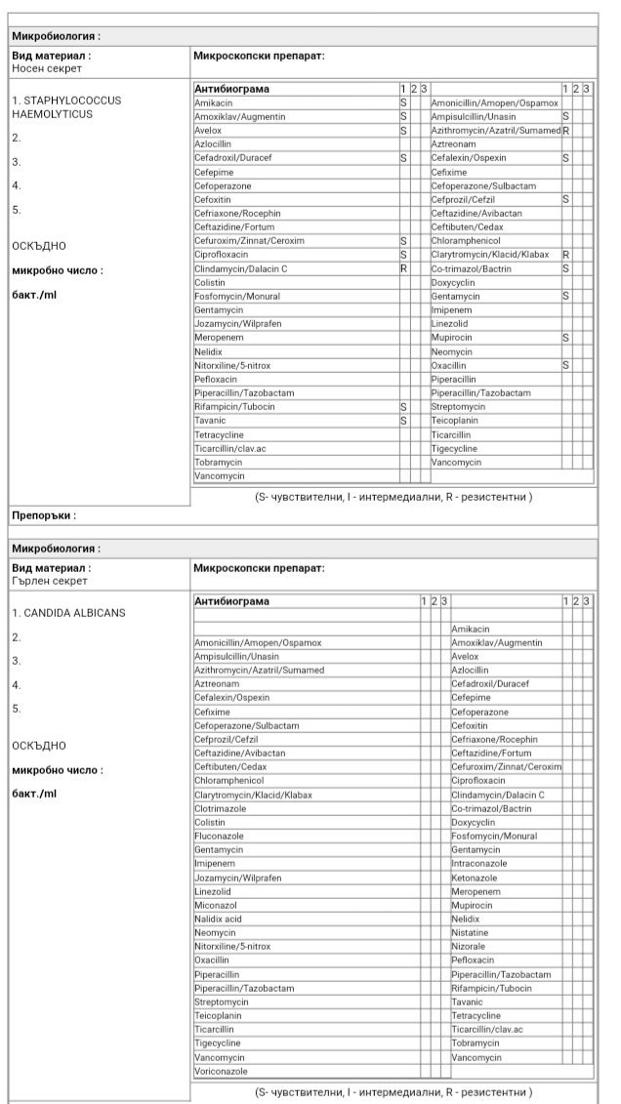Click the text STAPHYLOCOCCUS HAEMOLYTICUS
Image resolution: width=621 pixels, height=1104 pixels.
(x=66, y=107)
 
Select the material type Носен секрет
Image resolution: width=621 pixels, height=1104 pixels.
(x=47, y=68)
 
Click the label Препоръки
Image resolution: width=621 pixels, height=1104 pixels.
(x=43, y=515)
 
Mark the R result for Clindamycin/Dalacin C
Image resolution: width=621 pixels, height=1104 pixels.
(x=403, y=268)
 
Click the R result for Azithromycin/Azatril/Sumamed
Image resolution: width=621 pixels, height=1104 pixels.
(x=566, y=130)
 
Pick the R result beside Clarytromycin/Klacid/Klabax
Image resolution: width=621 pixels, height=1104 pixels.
(x=566, y=255)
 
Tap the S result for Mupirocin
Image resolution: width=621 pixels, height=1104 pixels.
(x=566, y=338)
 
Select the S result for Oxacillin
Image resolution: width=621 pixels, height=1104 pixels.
(x=566, y=365)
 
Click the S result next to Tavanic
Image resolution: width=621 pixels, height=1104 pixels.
(x=403, y=421)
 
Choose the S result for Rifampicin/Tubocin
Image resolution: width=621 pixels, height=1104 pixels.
(x=403, y=407)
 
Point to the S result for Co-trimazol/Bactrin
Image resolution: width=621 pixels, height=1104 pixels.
(x=566, y=268)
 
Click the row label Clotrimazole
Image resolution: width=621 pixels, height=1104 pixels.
(x=219, y=809)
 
